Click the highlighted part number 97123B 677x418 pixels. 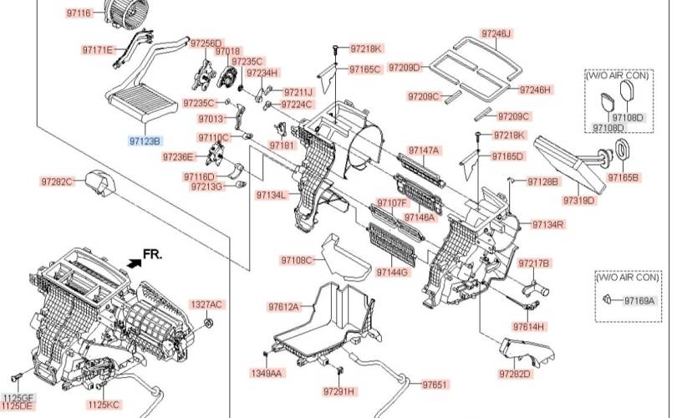pyautogui.click(x=145, y=140)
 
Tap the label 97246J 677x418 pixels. pyautogui.click(x=496, y=33)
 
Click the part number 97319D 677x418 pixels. pyautogui.click(x=578, y=201)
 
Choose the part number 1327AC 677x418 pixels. pyautogui.click(x=206, y=304)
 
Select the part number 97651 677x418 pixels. pyautogui.click(x=435, y=385)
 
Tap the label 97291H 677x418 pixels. pyautogui.click(x=339, y=391)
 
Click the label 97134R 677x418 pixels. pyautogui.click(x=548, y=224)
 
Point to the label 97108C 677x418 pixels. pyautogui.click(x=296, y=260)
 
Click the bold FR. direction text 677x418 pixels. pyautogui.click(x=153, y=252)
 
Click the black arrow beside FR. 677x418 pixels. pyautogui.click(x=134, y=262)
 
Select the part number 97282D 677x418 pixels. pyautogui.click(x=515, y=373)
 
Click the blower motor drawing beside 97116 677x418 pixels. pyautogui.click(x=120, y=14)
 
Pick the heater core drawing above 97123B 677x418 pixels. pyautogui.click(x=141, y=101)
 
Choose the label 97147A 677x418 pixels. pyautogui.click(x=423, y=150)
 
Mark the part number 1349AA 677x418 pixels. pyautogui.click(x=267, y=373)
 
